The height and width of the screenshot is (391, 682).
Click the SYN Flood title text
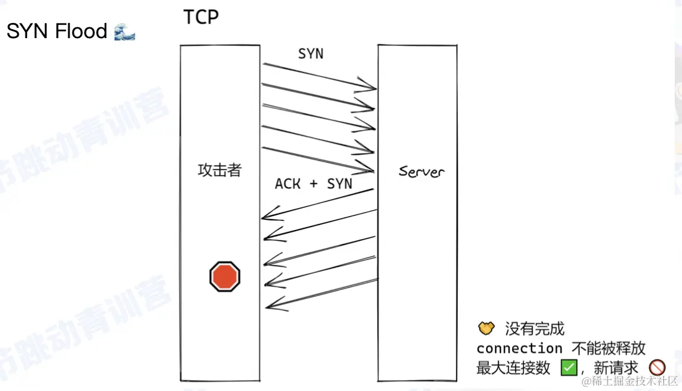(57, 31)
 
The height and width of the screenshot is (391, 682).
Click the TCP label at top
(201, 17)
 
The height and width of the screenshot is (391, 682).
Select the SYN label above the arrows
(311, 54)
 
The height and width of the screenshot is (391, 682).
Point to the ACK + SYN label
(313, 183)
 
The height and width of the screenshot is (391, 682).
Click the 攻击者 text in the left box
(219, 170)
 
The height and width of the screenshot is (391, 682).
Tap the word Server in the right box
(421, 171)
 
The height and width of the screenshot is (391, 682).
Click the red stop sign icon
(225, 277)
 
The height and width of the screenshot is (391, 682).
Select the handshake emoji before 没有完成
(486, 329)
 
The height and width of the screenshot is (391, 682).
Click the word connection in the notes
(519, 348)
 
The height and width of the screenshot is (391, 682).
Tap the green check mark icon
(569, 367)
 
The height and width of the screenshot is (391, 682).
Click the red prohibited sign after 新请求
(657, 367)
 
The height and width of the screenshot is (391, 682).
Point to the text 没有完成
(534, 329)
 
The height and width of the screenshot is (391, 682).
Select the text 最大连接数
(513, 367)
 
